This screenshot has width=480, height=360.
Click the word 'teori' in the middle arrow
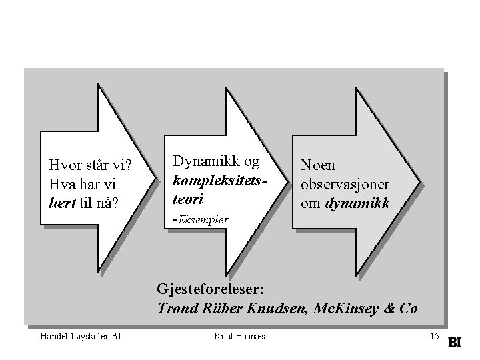point(187,198)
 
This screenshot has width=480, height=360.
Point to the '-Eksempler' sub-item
point(201,219)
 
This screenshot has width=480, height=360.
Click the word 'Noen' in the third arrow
point(319,165)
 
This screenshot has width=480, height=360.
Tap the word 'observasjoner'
point(345,183)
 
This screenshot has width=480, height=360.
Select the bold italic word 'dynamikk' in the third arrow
point(357,202)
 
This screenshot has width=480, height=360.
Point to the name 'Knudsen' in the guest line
point(273,309)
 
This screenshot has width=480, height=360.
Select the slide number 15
point(435,335)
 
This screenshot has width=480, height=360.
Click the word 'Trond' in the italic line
point(175,309)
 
